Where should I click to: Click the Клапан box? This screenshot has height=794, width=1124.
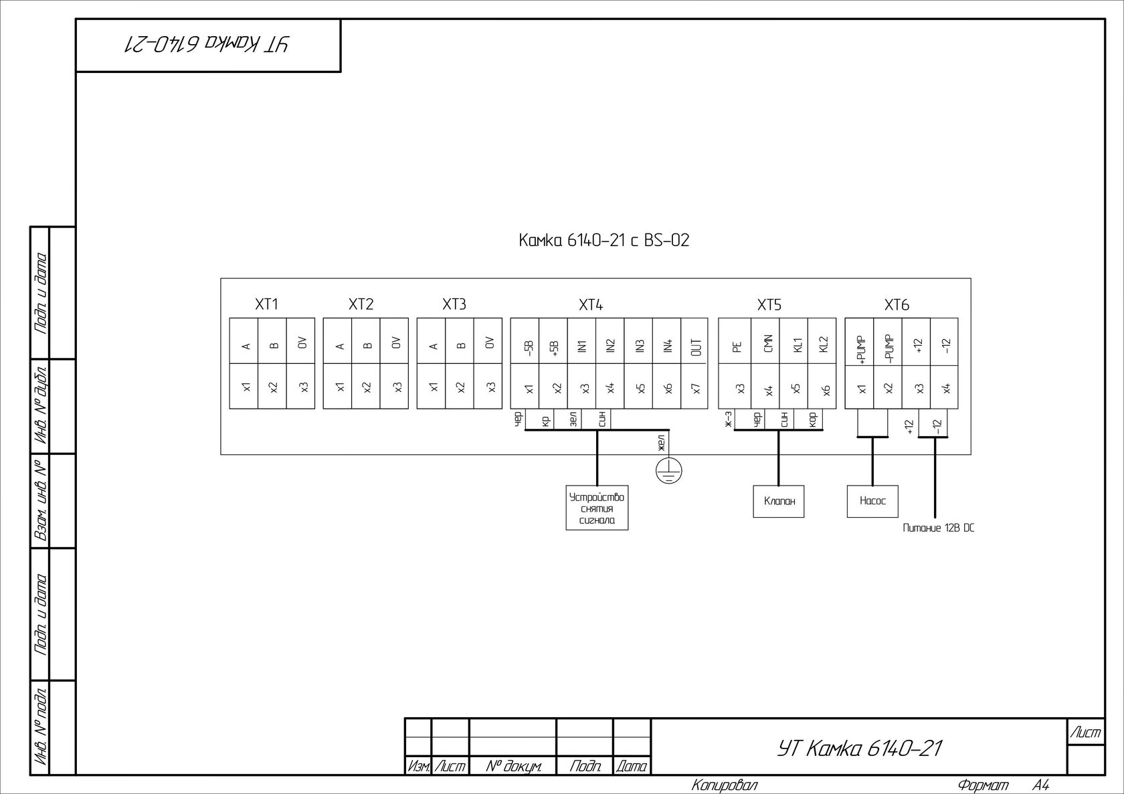click(x=778, y=502)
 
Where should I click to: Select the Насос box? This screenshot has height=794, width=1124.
click(x=872, y=501)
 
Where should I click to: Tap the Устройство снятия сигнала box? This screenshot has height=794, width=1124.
click(x=597, y=508)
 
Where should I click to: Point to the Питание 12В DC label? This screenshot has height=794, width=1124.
click(x=938, y=528)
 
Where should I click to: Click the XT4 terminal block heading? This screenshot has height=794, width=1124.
click(x=591, y=305)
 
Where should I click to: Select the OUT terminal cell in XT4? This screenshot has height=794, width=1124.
click(x=696, y=346)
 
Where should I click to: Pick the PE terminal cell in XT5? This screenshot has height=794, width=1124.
click(x=737, y=346)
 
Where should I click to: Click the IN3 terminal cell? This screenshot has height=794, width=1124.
click(x=640, y=346)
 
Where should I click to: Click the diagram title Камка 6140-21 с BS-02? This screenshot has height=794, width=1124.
click(x=603, y=241)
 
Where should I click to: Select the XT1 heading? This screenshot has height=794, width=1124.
click(x=266, y=305)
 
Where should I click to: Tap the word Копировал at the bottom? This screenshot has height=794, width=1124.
click(x=725, y=785)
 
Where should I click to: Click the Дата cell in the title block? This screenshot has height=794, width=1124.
click(x=632, y=767)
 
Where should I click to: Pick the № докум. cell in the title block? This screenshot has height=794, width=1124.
click(x=512, y=767)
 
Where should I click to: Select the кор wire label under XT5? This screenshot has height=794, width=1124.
click(x=813, y=419)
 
